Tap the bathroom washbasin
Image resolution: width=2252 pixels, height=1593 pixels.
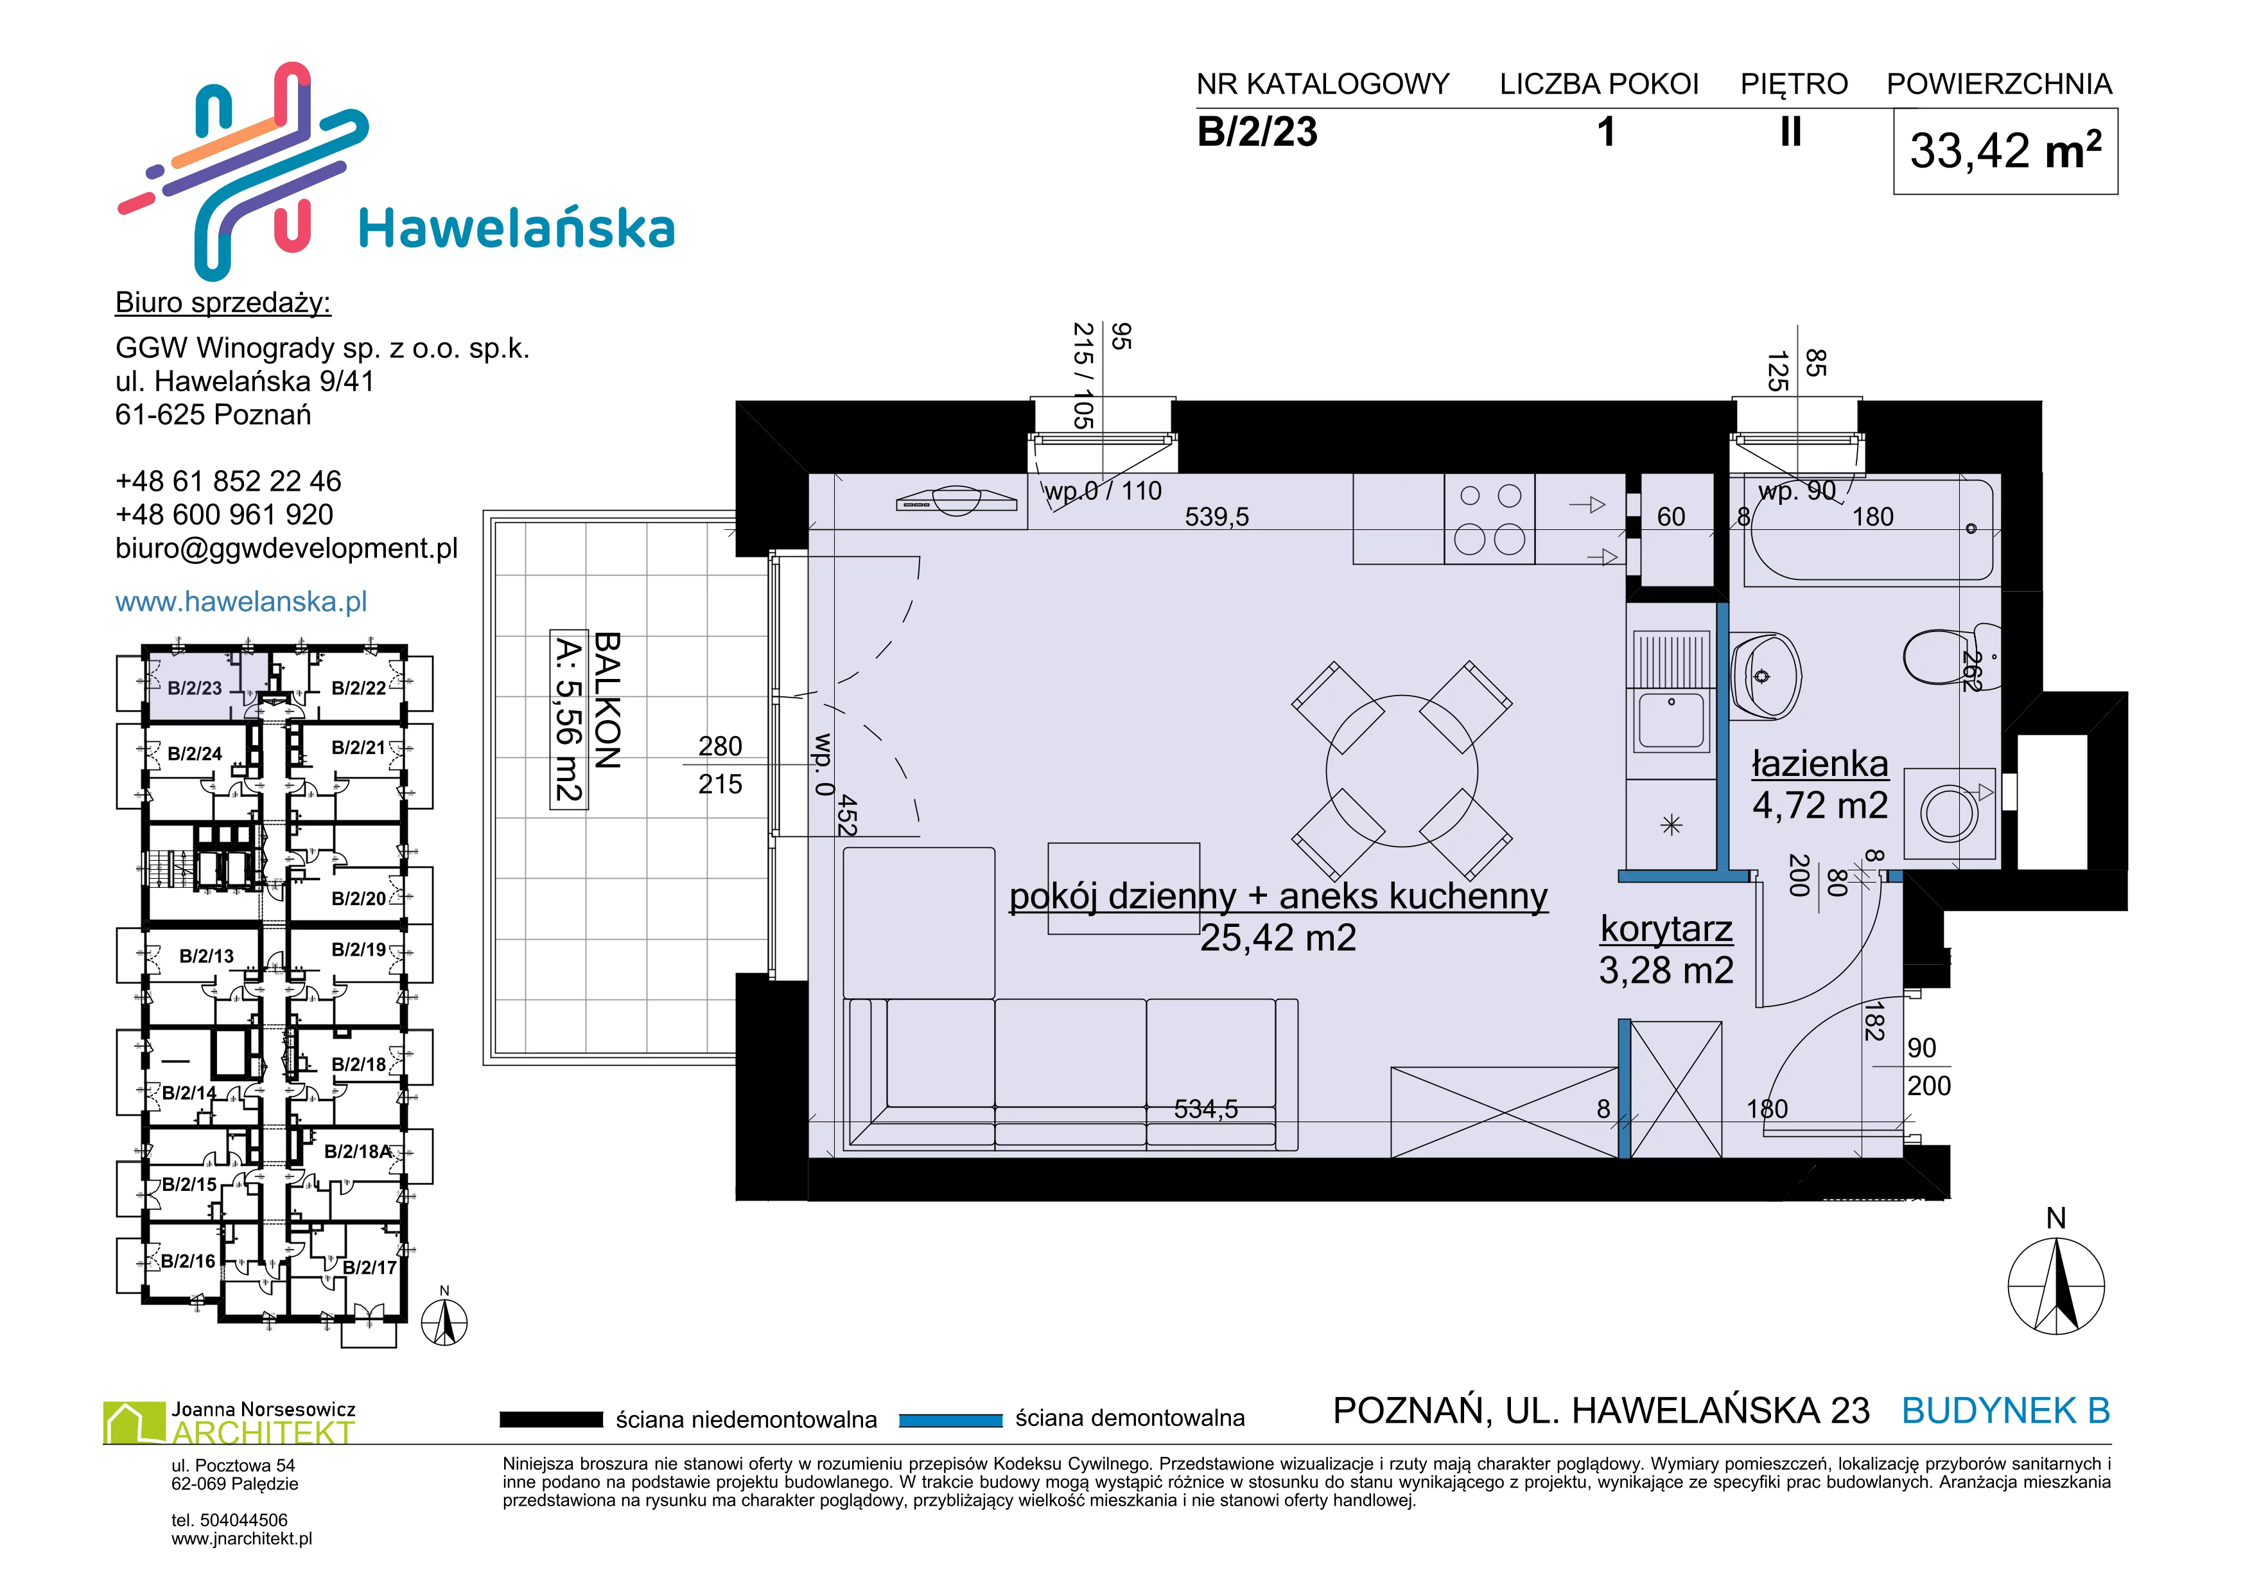tap(1765, 675)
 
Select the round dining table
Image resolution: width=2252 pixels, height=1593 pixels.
tap(1402, 771)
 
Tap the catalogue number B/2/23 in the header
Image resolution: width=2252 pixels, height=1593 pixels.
tap(1257, 132)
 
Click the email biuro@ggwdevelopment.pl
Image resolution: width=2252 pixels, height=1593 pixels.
tap(286, 549)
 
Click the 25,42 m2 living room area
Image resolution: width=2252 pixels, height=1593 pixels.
tap(1278, 938)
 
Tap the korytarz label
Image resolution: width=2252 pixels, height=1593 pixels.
tap(1666, 928)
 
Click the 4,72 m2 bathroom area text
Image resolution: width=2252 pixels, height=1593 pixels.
tap(1820, 805)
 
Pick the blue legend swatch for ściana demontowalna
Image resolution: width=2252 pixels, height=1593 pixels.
tap(950, 1420)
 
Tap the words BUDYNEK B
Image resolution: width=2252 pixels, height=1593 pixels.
tap(2006, 1411)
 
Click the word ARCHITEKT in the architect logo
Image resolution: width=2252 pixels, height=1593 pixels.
tap(263, 1433)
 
